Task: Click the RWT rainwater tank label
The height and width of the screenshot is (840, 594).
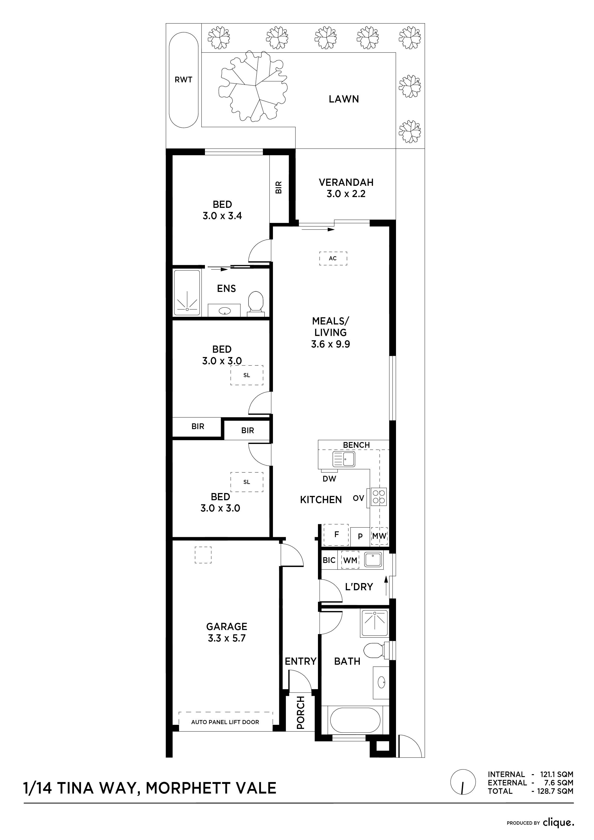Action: click(x=183, y=80)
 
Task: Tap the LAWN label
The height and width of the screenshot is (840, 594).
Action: click(x=344, y=99)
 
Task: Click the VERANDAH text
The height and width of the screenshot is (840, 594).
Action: click(x=346, y=182)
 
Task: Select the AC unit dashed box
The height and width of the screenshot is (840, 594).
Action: click(x=333, y=258)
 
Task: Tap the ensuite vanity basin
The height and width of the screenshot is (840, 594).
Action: click(x=224, y=311)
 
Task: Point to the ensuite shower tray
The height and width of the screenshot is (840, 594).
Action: click(x=187, y=293)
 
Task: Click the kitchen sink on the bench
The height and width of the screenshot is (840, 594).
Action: click(x=344, y=459)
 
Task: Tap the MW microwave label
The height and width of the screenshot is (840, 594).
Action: click(x=379, y=536)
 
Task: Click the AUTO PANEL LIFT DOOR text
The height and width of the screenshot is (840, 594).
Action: click(x=225, y=722)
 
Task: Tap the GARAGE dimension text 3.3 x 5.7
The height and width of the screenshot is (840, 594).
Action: click(x=226, y=638)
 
